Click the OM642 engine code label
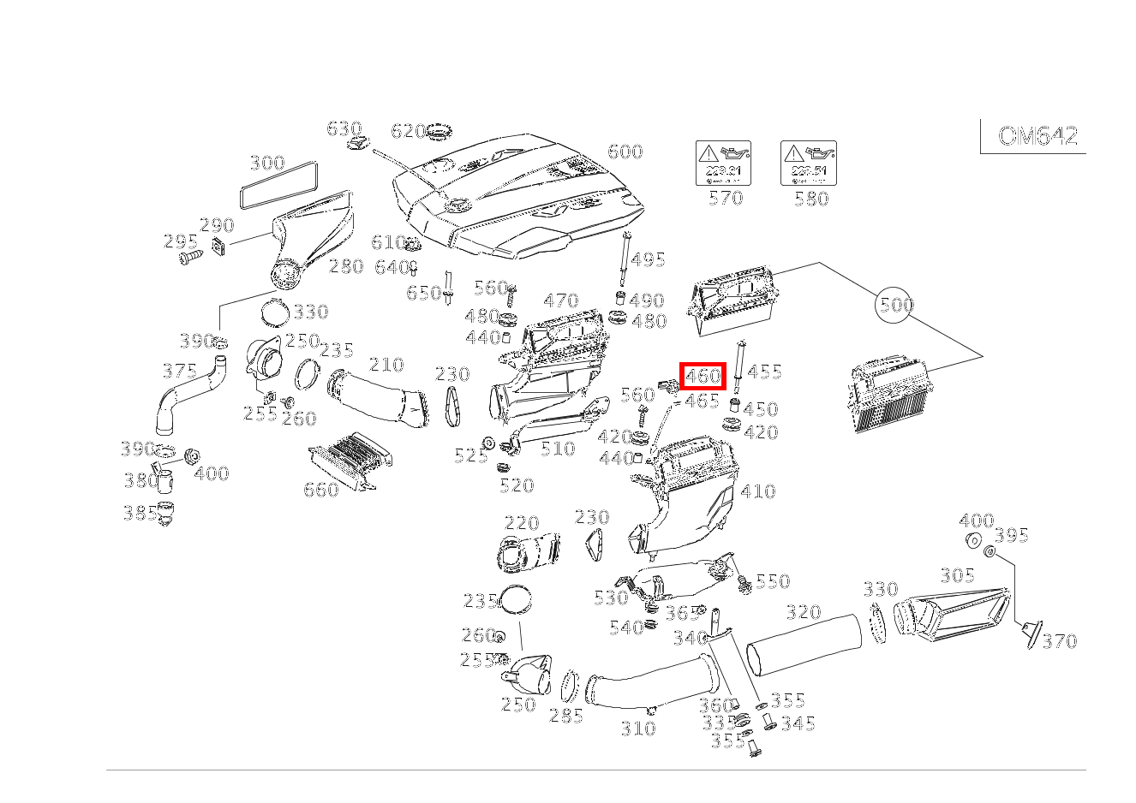1037,136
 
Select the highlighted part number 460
703,376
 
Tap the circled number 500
894,305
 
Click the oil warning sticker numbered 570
722,164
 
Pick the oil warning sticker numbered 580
808,164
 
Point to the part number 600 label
625,152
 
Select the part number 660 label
321,490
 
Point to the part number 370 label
1059,641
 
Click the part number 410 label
757,491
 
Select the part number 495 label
648,259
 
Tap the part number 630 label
344,128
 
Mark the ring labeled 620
439,134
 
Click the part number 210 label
386,366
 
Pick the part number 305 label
957,576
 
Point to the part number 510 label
558,448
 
